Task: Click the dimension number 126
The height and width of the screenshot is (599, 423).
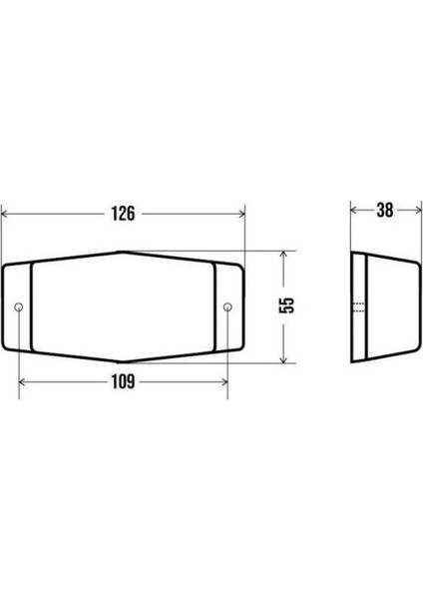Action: point(123,214)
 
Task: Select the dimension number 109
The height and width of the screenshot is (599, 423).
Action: point(123,381)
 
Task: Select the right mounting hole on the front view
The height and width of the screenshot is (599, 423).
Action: point(227,306)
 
